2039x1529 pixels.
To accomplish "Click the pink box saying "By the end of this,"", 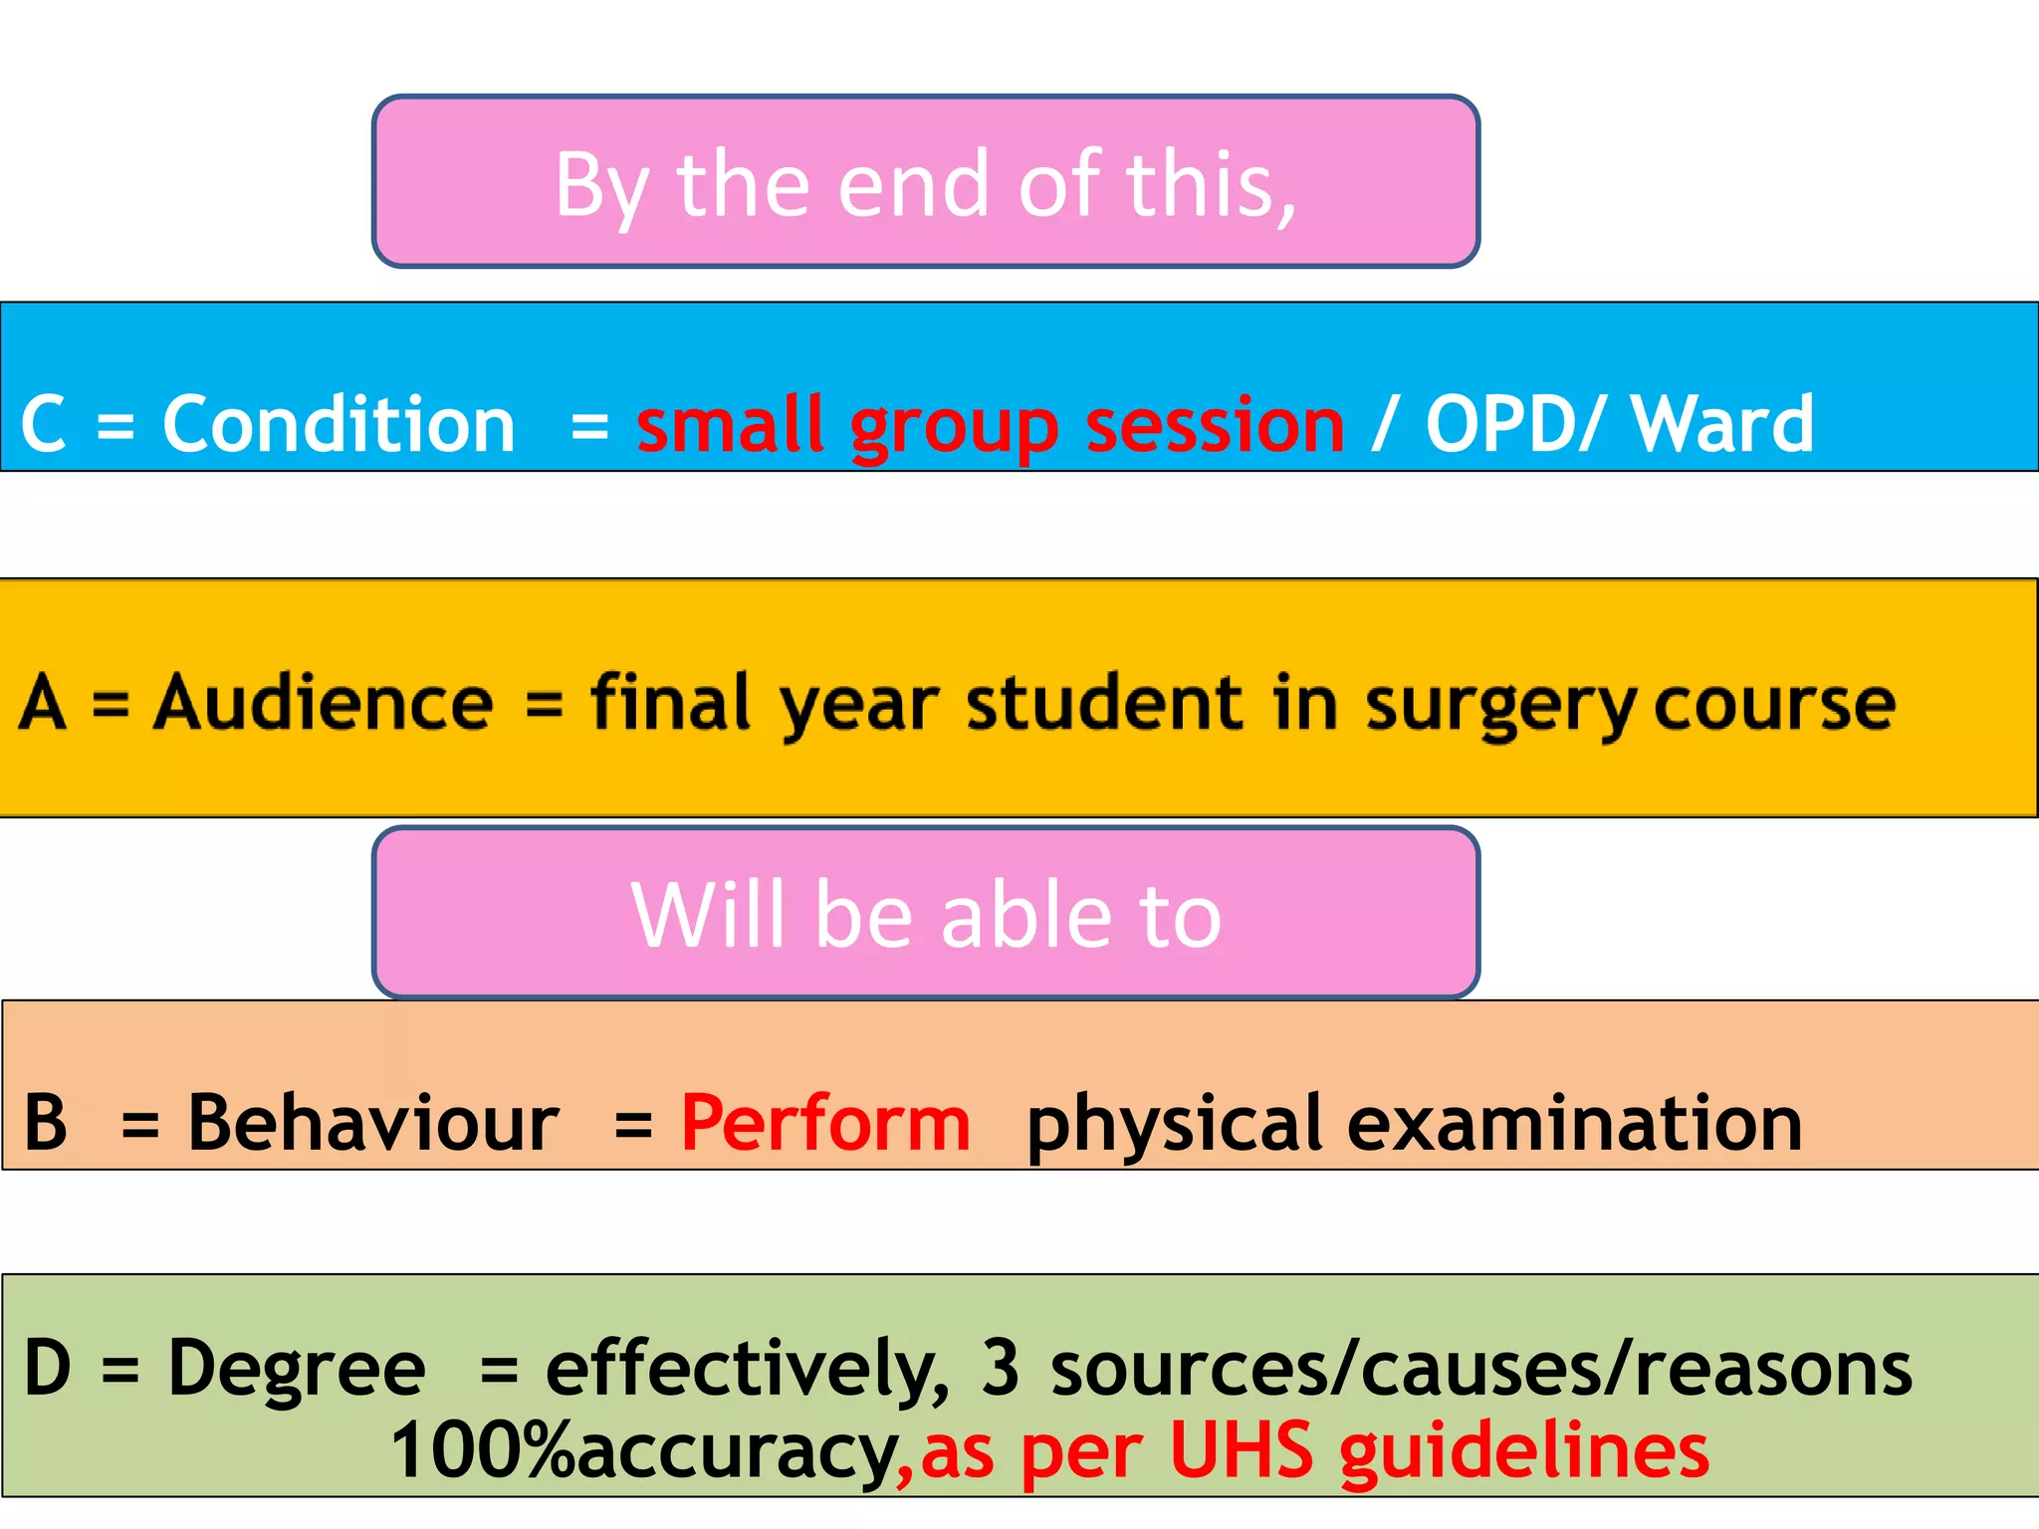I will point(926,182).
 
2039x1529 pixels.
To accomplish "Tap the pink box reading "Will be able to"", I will point(926,913).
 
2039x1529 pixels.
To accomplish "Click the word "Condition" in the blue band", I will point(339,425).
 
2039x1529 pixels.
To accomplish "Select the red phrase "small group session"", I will point(991,426).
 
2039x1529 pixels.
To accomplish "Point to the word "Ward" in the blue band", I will point(1722,425).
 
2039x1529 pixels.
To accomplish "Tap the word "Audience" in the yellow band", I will point(324,703).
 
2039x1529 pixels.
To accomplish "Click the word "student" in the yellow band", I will point(1105,703).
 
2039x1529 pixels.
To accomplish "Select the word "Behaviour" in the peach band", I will point(373,1123).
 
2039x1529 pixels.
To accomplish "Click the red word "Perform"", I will point(825,1123).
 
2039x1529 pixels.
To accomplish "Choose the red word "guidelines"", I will point(1524,1452).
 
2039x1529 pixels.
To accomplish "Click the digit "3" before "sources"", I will point(1001,1368).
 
